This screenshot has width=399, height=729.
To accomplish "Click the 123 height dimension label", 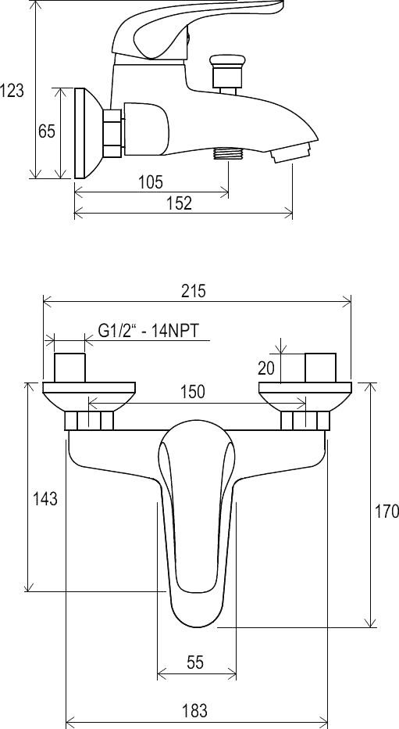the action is tap(12, 90).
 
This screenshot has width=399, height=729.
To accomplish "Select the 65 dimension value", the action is tap(46, 131).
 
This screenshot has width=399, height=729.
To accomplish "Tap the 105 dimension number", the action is tap(151, 181).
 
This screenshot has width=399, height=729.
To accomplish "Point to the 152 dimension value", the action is tap(180, 203).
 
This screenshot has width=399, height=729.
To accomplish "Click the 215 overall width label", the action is tap(193, 291).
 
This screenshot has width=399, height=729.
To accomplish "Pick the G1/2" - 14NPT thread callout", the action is tap(148, 331).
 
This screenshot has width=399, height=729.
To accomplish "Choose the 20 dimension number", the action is tap(266, 368).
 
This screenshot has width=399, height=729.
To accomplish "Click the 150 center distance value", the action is tap(193, 391).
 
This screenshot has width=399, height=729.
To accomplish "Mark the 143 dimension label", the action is tap(45, 499).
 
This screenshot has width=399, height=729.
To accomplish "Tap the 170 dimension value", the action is tap(387, 511).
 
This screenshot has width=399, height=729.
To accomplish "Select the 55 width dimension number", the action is tap(195, 662).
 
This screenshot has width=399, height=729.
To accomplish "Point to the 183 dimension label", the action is tap(194, 710).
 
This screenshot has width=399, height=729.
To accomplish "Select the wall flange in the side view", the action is tap(87, 133).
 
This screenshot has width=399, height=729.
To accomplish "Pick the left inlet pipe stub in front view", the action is tap(69, 368).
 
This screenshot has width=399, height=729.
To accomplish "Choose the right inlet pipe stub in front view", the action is tap(320, 368).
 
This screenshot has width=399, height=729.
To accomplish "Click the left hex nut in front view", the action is tap(88, 421).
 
